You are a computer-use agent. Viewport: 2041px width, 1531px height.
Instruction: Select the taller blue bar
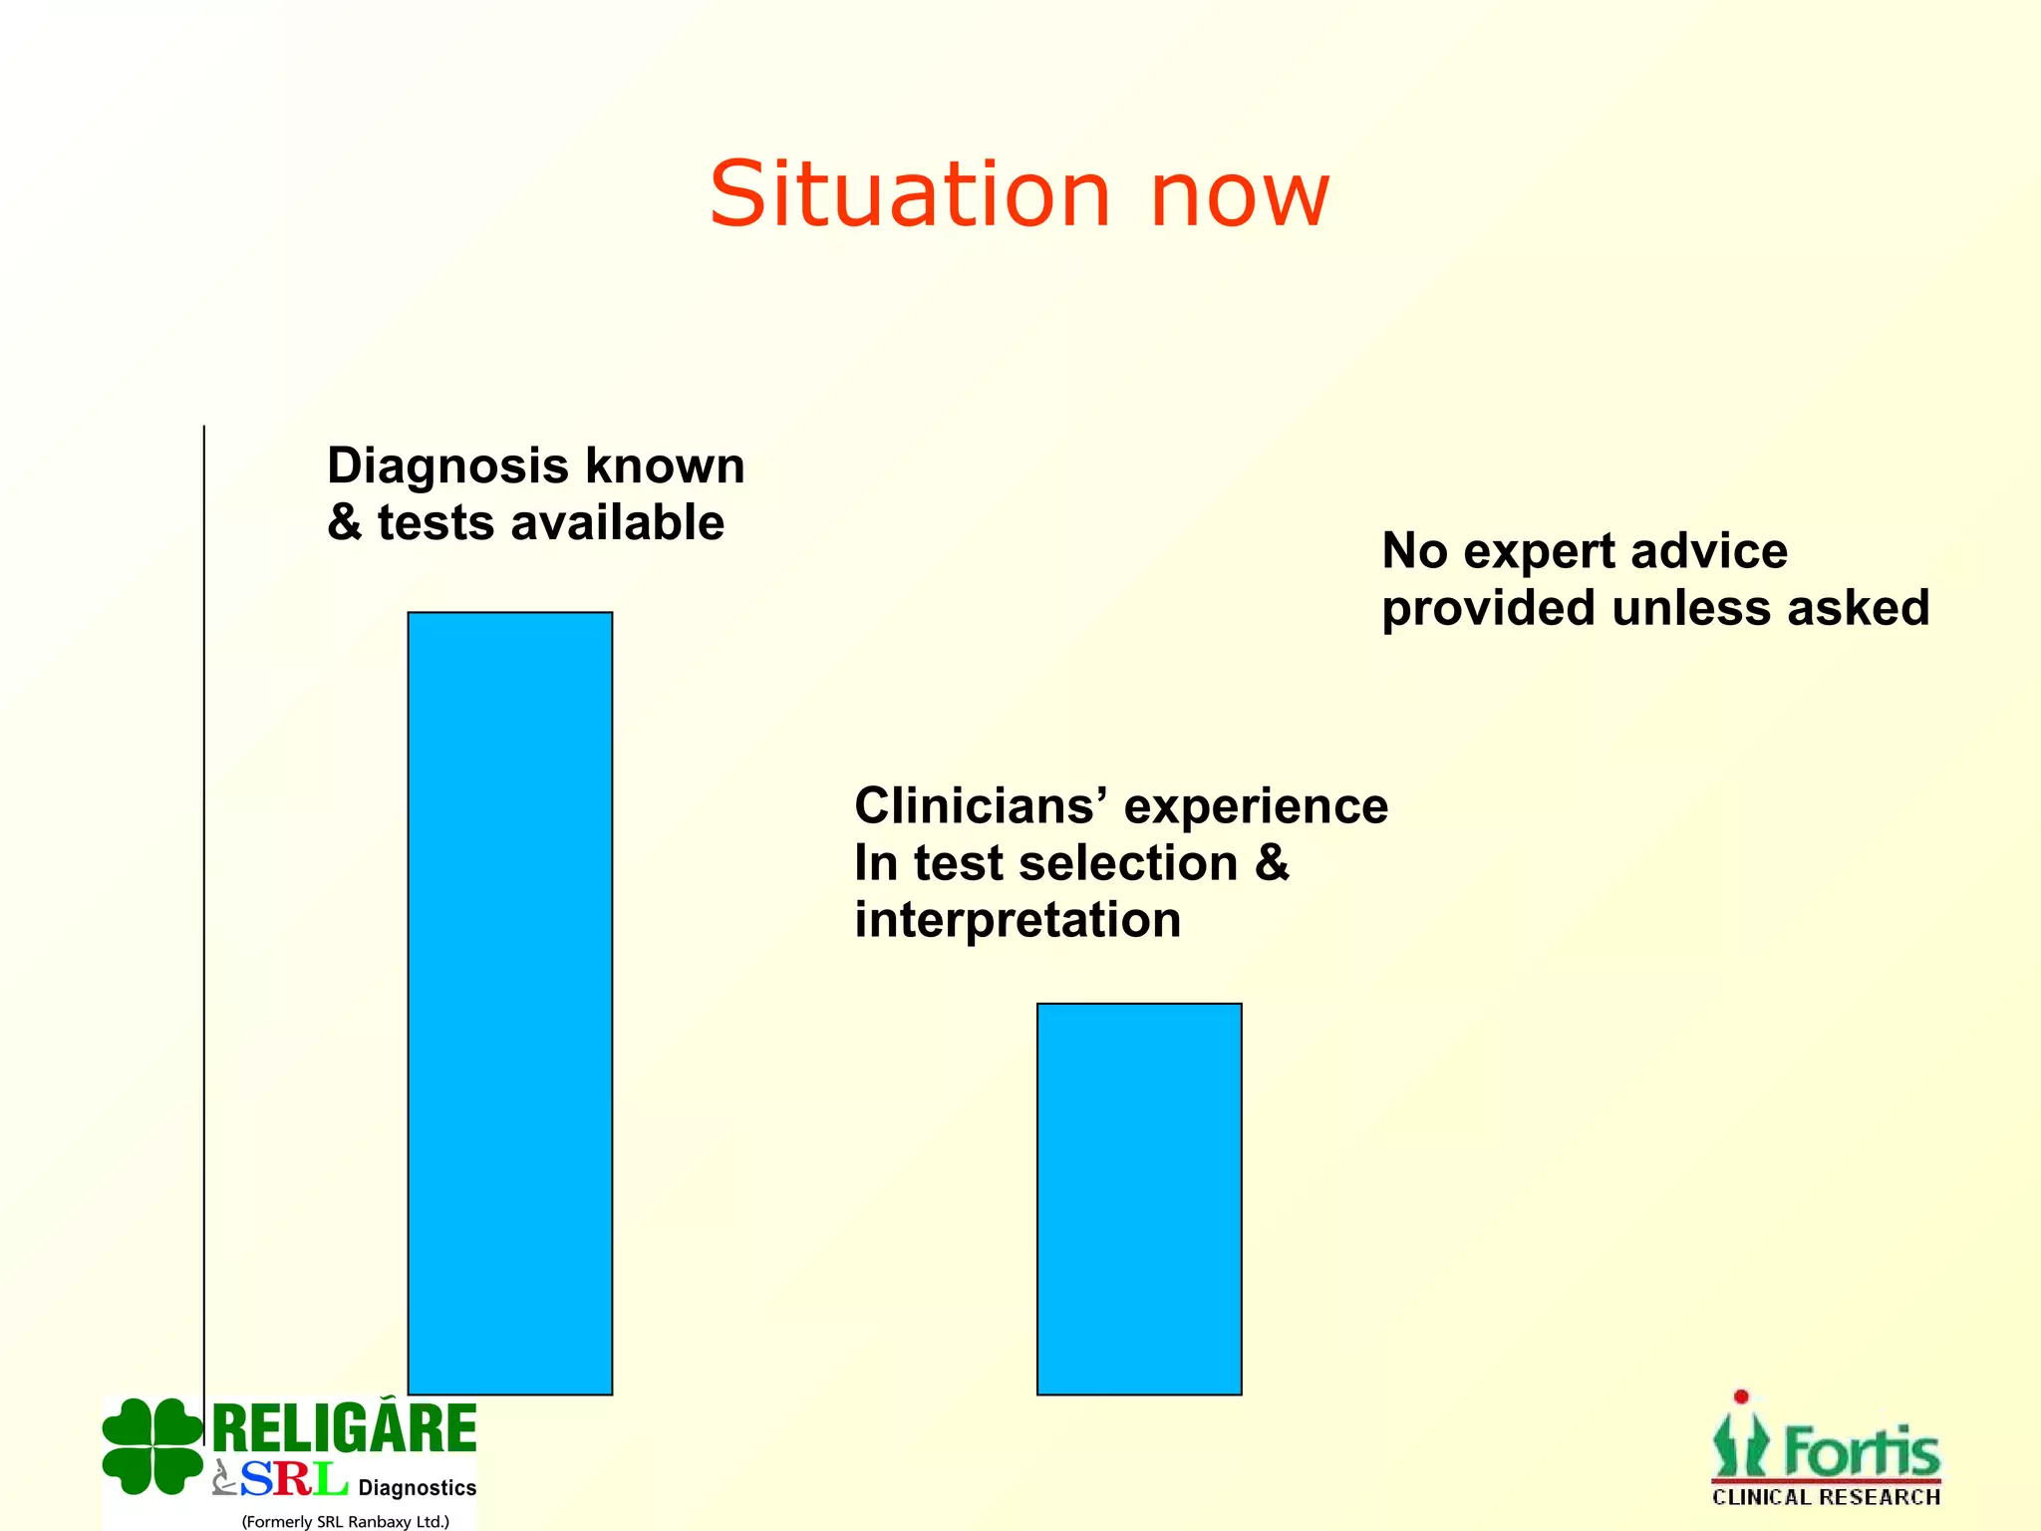click(x=509, y=1002)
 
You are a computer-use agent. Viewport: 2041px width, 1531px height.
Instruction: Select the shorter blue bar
click(x=1139, y=1198)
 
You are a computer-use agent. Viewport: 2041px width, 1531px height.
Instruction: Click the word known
click(x=664, y=465)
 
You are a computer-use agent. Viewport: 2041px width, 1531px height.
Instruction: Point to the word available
click(x=617, y=522)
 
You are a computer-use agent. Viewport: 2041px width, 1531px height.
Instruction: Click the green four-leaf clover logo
click(x=151, y=1446)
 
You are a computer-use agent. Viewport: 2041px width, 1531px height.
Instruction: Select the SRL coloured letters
click(x=293, y=1479)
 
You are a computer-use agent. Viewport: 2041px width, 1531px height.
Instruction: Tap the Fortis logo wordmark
click(x=1861, y=1451)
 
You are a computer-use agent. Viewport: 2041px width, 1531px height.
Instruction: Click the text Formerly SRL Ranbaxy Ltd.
click(x=345, y=1521)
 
